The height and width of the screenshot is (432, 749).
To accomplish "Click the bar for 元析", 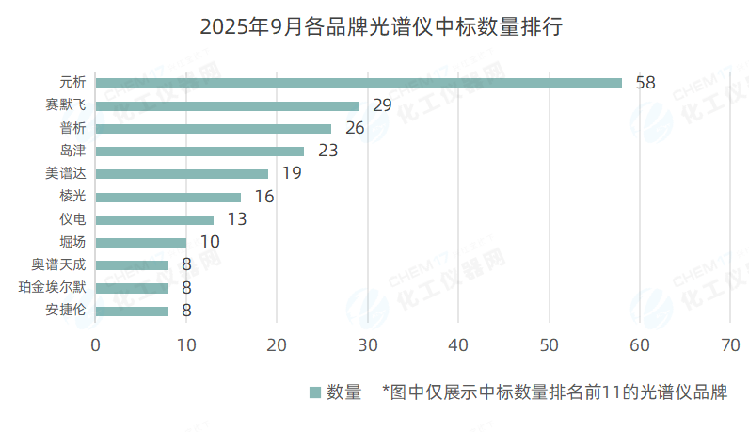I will point(358,83).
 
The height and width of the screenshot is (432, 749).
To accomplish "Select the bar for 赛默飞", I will point(226,105).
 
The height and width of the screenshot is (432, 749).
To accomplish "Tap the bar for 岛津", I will point(199,151).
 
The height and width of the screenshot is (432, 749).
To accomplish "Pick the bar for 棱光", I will point(167,197).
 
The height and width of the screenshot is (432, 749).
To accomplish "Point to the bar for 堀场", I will point(140,243).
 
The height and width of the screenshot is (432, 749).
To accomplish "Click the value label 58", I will point(645,83).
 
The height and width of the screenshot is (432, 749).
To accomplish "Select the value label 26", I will point(355,128).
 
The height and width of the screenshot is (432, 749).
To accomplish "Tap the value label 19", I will point(292,174).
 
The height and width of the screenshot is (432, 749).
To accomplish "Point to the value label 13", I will point(237,219).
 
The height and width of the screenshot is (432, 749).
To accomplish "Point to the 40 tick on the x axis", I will point(457,345).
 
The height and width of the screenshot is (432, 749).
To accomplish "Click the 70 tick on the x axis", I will point(730,345).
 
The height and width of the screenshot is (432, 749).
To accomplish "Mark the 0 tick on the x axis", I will point(95,345).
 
